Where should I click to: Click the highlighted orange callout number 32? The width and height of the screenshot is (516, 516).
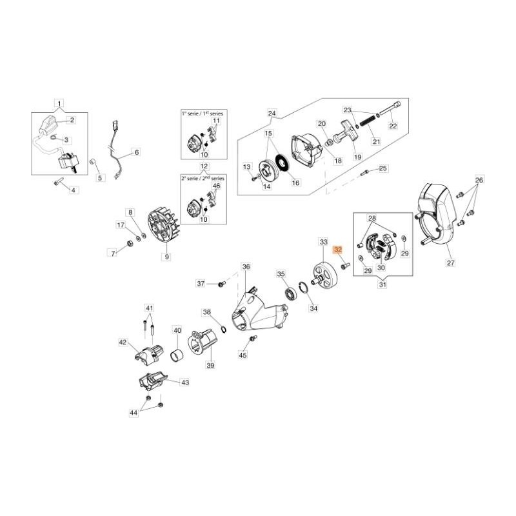(337, 250)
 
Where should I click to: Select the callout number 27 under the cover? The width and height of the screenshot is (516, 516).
(451, 263)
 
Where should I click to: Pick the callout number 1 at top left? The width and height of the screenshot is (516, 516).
(59, 103)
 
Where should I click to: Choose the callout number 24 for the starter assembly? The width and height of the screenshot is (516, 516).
(272, 114)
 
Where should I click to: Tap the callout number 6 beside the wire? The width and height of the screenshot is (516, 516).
(136, 153)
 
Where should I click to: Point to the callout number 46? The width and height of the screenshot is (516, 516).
(217, 186)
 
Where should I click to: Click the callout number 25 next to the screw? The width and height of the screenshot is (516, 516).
(382, 168)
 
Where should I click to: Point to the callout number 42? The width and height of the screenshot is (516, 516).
(123, 342)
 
